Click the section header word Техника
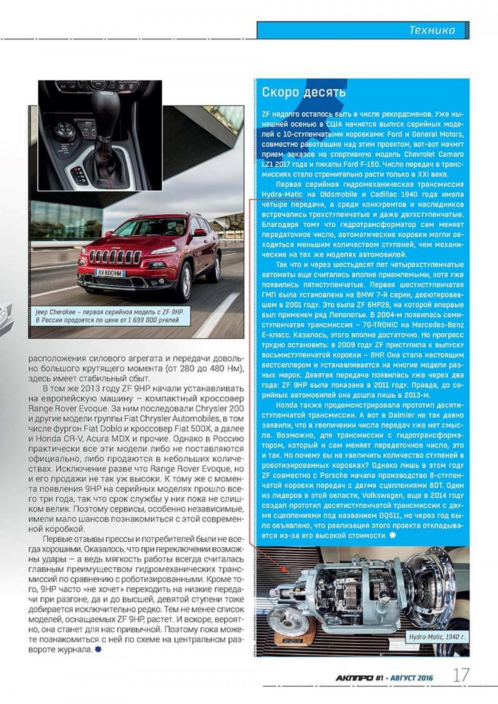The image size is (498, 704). (x=432, y=30)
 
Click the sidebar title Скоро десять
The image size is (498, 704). (x=303, y=92)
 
